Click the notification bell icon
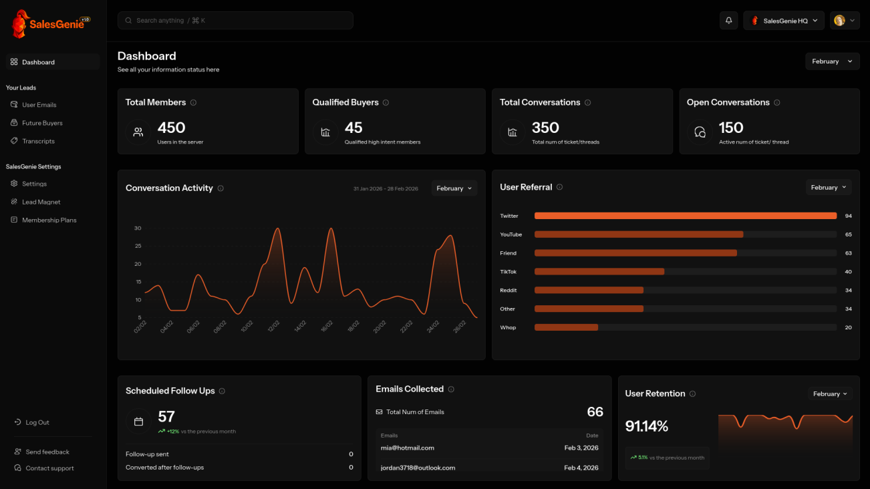click(x=728, y=21)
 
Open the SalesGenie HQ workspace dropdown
click(x=784, y=21)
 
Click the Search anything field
click(x=235, y=21)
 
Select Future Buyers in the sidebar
click(x=42, y=123)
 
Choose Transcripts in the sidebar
click(x=38, y=141)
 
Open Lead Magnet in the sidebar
click(x=41, y=202)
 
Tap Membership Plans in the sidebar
click(x=49, y=220)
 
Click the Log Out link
click(x=37, y=422)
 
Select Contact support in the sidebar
click(x=49, y=468)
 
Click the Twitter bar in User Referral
click(x=685, y=216)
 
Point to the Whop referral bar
click(x=566, y=327)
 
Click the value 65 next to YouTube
click(x=848, y=234)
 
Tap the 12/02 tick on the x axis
click(x=273, y=327)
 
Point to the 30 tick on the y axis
click(x=138, y=228)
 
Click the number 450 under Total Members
click(x=171, y=128)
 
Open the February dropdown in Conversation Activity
click(x=454, y=188)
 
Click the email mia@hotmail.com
click(x=408, y=448)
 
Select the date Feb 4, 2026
click(x=581, y=468)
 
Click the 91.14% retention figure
click(x=646, y=426)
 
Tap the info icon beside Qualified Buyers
click(x=386, y=103)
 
